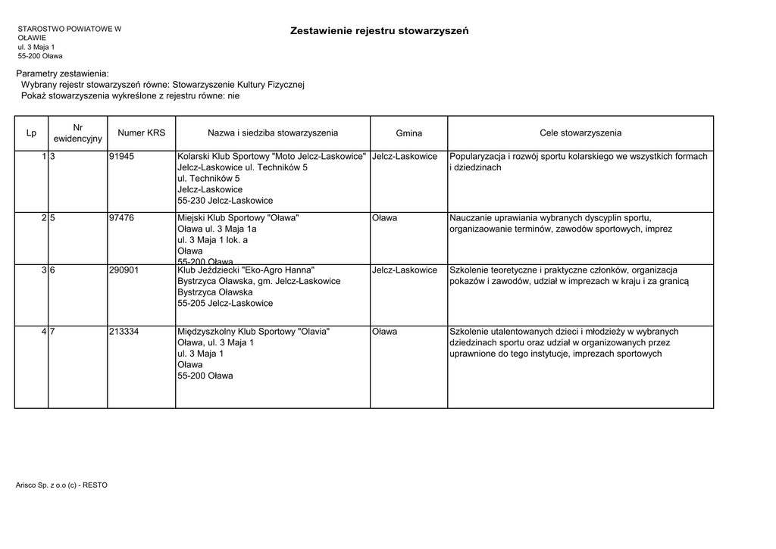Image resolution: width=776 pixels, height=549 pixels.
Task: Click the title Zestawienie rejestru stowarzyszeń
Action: [379, 31]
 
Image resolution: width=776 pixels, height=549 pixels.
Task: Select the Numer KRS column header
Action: [142, 133]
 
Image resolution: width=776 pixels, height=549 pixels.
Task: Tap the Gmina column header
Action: [408, 133]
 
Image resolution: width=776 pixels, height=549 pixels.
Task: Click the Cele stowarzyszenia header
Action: [580, 133]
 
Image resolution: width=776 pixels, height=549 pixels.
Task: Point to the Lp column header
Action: [31, 133]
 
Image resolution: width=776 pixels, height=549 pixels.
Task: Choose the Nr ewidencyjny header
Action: [78, 133]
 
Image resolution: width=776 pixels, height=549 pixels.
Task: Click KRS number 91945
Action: [122, 157]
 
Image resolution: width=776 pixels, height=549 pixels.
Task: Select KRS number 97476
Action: [122, 218]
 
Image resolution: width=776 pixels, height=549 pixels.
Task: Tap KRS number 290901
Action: [124, 270]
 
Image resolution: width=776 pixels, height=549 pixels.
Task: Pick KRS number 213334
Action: [124, 332]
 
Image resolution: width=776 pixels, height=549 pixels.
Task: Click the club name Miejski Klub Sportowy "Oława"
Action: [238, 218]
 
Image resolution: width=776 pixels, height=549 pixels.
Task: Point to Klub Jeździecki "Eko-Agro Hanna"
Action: [246, 270]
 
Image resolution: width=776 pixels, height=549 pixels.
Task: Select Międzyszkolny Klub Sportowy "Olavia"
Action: [253, 332]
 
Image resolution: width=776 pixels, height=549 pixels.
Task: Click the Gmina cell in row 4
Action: [385, 332]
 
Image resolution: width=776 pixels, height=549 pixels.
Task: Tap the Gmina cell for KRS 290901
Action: [405, 270]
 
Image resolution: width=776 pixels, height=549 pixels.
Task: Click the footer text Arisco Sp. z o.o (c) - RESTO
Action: [61, 485]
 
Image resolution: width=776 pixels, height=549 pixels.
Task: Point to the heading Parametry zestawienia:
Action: [63, 73]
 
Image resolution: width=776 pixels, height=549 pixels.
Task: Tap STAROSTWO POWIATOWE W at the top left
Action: [70, 29]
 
